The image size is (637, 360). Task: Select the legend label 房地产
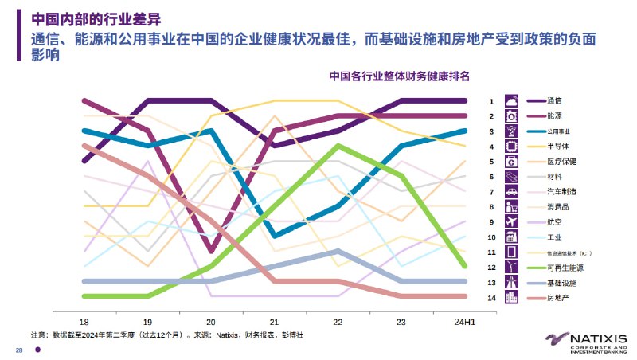click(x=558, y=298)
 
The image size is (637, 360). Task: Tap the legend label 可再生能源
click(x=565, y=268)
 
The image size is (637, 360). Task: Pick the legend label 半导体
click(x=558, y=147)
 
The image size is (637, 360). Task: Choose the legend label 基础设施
click(x=561, y=283)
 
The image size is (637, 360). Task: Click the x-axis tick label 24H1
click(x=465, y=321)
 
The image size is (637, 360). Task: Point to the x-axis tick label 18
click(x=84, y=321)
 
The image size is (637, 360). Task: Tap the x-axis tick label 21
click(x=274, y=321)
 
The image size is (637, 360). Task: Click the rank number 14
click(x=491, y=298)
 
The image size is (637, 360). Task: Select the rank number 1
click(x=491, y=101)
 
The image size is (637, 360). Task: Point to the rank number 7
click(x=491, y=192)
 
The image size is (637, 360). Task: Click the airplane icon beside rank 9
click(x=512, y=222)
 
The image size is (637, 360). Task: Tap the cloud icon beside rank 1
click(x=512, y=101)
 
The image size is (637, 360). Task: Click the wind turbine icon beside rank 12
click(x=512, y=268)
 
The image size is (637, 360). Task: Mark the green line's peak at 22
click(x=338, y=146)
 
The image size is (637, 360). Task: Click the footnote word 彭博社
click(x=291, y=335)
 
